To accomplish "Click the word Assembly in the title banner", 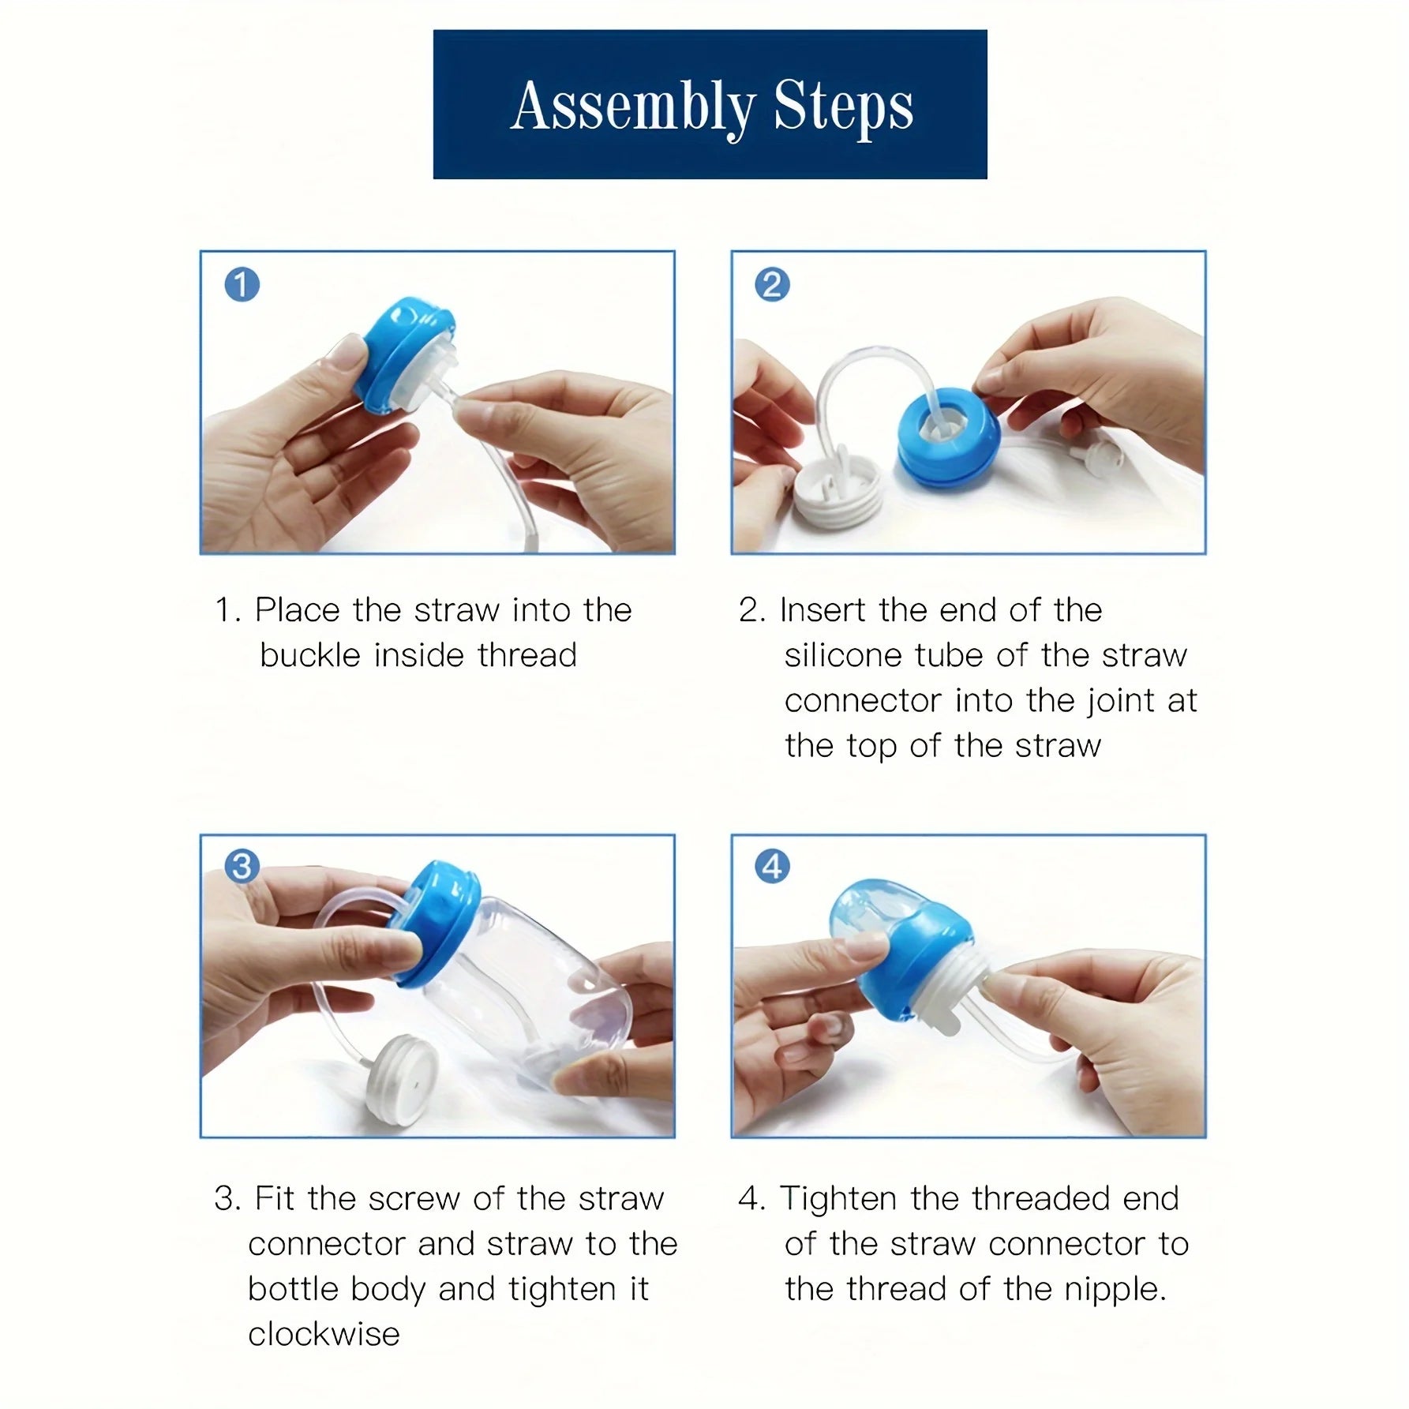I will (x=631, y=107).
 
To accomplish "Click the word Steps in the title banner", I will (x=843, y=107).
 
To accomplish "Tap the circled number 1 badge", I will (x=242, y=284).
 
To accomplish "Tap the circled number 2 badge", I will (x=772, y=284).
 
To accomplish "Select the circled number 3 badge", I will (x=242, y=866).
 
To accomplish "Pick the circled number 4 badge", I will (x=772, y=866).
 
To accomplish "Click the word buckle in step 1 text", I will (x=309, y=655).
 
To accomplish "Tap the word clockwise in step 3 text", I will (x=324, y=1334).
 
